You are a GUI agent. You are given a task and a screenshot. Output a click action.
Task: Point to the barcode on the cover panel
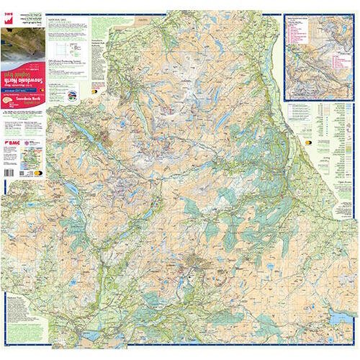click(x=16, y=174)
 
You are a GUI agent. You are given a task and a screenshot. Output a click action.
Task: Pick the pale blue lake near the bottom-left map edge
click(x=72, y=189)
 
